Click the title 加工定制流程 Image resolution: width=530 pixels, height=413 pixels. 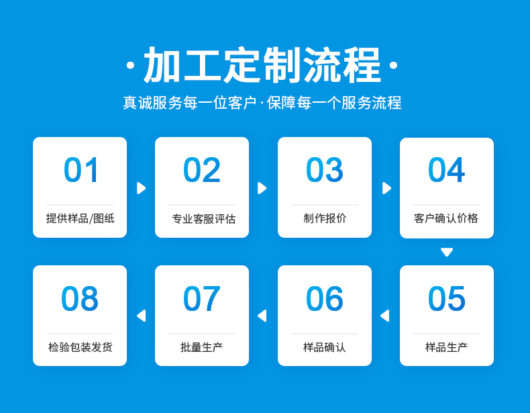(x=262, y=64)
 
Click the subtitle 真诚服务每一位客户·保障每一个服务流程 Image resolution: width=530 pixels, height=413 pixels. (x=262, y=103)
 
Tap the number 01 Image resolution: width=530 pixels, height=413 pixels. (x=81, y=169)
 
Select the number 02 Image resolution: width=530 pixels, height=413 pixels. (x=202, y=169)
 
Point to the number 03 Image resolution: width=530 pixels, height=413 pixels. (x=325, y=169)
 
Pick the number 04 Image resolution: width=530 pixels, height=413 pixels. (x=447, y=169)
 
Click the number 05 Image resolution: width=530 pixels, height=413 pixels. (x=447, y=298)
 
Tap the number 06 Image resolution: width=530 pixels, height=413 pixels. (x=325, y=298)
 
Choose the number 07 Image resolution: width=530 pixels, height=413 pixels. (x=202, y=298)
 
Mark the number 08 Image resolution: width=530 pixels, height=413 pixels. (x=80, y=298)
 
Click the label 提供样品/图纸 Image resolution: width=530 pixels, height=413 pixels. (x=80, y=218)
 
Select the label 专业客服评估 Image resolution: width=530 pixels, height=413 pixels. (x=203, y=218)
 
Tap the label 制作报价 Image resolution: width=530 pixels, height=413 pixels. (x=325, y=218)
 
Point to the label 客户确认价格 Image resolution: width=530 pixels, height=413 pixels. (x=446, y=218)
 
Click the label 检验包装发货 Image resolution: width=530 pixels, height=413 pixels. (x=80, y=347)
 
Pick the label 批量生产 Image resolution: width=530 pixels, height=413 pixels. (x=201, y=347)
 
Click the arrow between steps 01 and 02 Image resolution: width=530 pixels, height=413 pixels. (x=141, y=188)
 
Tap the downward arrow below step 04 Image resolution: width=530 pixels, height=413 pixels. (x=447, y=253)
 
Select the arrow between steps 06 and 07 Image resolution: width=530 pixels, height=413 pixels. (x=262, y=316)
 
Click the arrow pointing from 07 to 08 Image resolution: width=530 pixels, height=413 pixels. (x=141, y=316)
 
